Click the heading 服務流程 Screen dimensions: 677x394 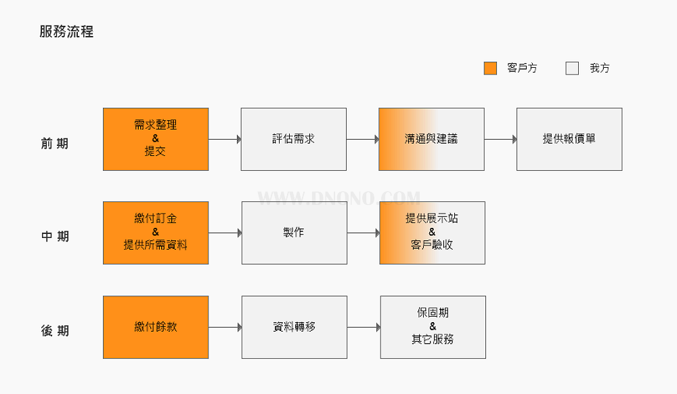point(66,32)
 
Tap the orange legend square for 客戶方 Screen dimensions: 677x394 point(490,68)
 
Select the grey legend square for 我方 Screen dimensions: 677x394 point(572,68)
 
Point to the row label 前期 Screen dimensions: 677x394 point(55,143)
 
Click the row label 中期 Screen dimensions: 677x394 point(55,236)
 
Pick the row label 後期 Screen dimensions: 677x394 point(55,330)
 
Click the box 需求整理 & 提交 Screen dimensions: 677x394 point(156,139)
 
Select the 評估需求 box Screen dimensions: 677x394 point(294,139)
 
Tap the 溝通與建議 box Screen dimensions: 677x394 point(431,139)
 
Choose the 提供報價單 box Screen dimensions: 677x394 point(569,139)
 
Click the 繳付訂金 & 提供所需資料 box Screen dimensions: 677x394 point(156,233)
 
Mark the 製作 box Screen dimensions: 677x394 point(294,233)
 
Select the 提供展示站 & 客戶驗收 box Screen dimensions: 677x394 point(432,233)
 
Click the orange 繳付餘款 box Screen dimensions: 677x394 point(156,327)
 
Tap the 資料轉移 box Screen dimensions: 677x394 point(294,327)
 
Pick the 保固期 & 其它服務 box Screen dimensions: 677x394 point(433,327)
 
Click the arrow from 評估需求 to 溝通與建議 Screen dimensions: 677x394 point(363,139)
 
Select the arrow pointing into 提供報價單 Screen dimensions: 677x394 point(500,139)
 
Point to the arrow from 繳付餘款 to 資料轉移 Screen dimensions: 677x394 point(225,327)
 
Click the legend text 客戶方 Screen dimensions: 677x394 point(522,68)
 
